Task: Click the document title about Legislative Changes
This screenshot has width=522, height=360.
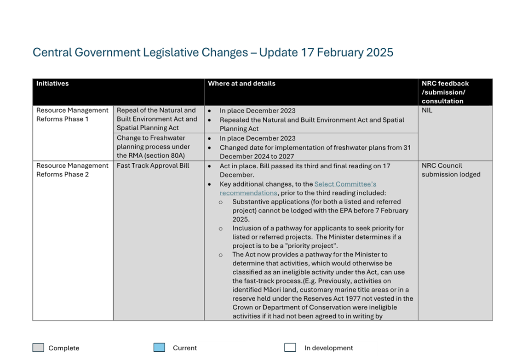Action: pos(212,52)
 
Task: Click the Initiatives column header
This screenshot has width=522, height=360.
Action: pos(52,84)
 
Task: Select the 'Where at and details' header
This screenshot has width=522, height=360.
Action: pos(241,84)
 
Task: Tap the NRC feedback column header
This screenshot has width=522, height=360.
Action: pos(445,92)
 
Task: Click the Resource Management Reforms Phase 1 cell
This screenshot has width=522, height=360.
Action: pos(72,114)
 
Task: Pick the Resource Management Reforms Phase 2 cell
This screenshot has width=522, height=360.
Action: pos(72,170)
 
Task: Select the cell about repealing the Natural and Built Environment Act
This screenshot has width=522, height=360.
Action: pos(157,119)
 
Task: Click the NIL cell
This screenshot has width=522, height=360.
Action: pos(427,110)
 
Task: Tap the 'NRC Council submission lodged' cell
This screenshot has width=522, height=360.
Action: pos(451,170)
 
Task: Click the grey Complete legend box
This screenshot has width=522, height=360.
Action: pos(38,348)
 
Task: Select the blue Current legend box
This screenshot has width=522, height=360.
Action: pos(159,348)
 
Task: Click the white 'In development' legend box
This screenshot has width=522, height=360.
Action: pos(290,348)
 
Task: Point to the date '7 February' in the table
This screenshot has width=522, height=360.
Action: pos(391,211)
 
